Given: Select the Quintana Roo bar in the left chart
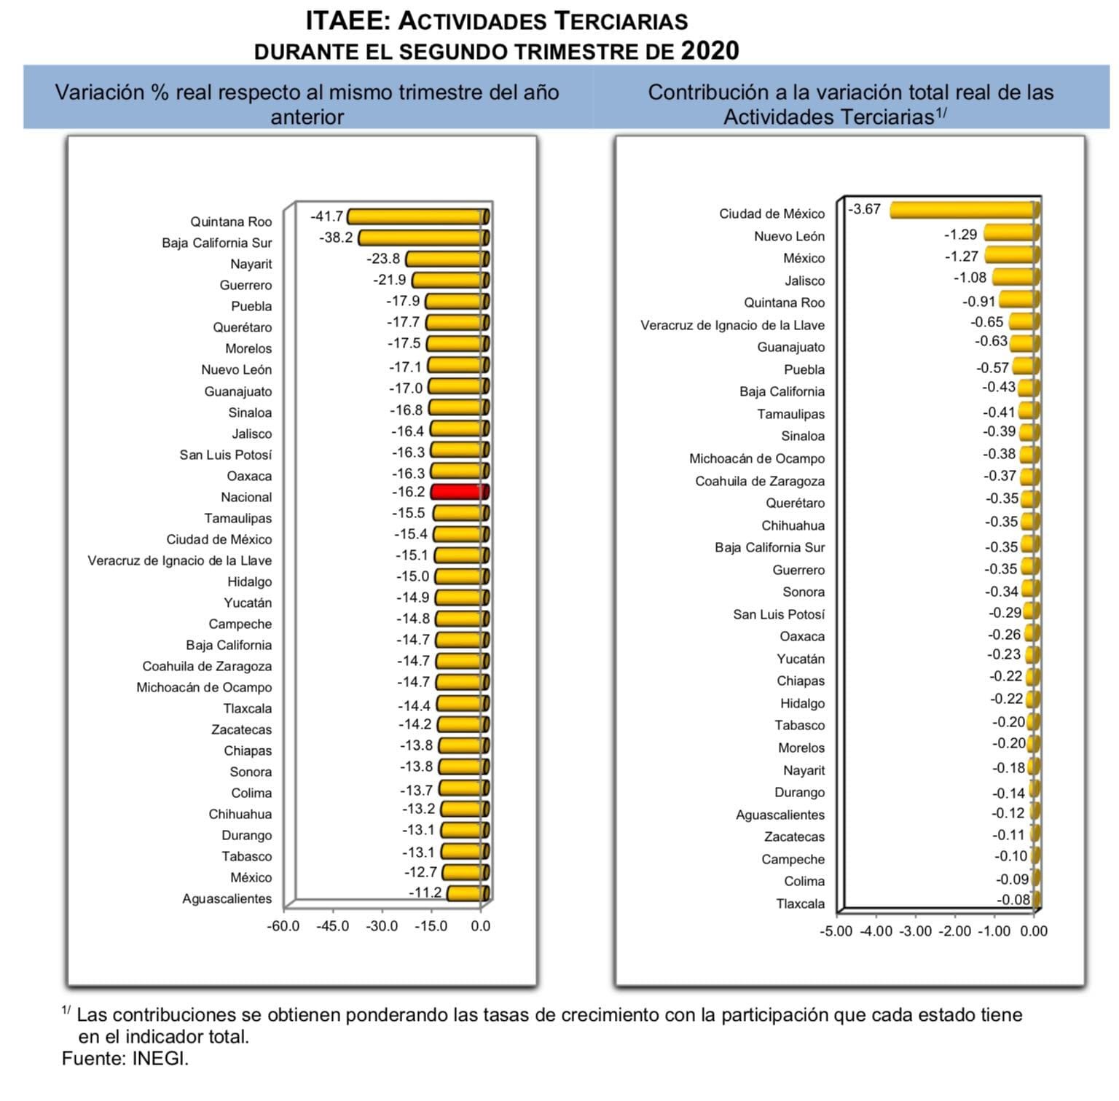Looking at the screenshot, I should [417, 217].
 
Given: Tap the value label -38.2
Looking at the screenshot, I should [336, 238].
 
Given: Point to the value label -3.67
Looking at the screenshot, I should [865, 209].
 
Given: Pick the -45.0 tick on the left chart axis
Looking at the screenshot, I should [332, 926].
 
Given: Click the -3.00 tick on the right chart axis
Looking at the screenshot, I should [915, 931].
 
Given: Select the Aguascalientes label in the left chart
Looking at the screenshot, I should [227, 898].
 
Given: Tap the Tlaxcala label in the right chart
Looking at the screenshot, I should [800, 904].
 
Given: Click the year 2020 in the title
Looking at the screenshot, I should [710, 51].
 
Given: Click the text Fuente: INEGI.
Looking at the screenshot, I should [125, 1059].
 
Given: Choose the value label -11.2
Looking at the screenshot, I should [425, 893].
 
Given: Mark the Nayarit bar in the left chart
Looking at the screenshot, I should [447, 259].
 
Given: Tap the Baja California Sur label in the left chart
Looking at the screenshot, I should [216, 243].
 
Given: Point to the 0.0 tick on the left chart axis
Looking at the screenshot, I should [480, 926].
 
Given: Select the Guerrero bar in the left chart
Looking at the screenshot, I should [449, 281].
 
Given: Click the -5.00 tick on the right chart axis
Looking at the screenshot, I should [836, 931].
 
